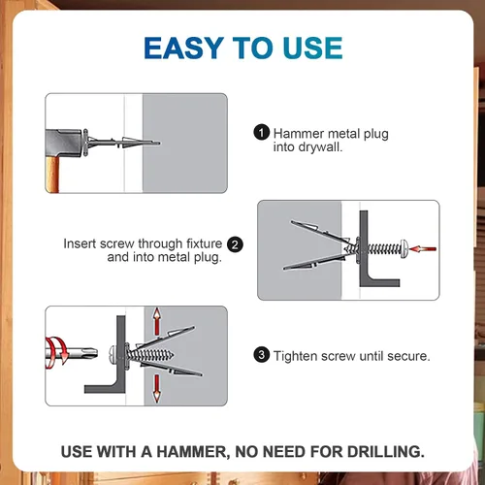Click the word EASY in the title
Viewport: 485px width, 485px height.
pos(184,48)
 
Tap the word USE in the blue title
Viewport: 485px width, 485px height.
pos(312,48)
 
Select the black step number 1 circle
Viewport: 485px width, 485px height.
pos(262,133)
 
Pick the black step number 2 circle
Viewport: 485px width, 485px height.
pos(235,244)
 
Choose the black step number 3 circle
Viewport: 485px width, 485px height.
pos(262,355)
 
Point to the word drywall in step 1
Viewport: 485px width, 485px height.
pos(320,147)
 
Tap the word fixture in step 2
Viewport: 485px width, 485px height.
pos(205,243)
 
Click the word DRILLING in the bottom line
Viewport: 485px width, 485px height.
pos(386,452)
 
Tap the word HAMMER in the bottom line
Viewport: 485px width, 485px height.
pos(193,452)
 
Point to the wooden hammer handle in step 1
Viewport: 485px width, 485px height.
pos(52,175)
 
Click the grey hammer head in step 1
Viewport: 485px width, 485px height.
pos(64,144)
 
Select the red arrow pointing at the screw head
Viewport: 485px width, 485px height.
pos(423,249)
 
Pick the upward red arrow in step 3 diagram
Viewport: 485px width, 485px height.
pos(157,321)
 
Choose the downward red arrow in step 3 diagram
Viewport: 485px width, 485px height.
pos(157,388)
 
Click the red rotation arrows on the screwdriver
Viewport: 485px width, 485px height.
pos(55,352)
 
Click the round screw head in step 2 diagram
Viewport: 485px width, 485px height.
pos(404,249)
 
